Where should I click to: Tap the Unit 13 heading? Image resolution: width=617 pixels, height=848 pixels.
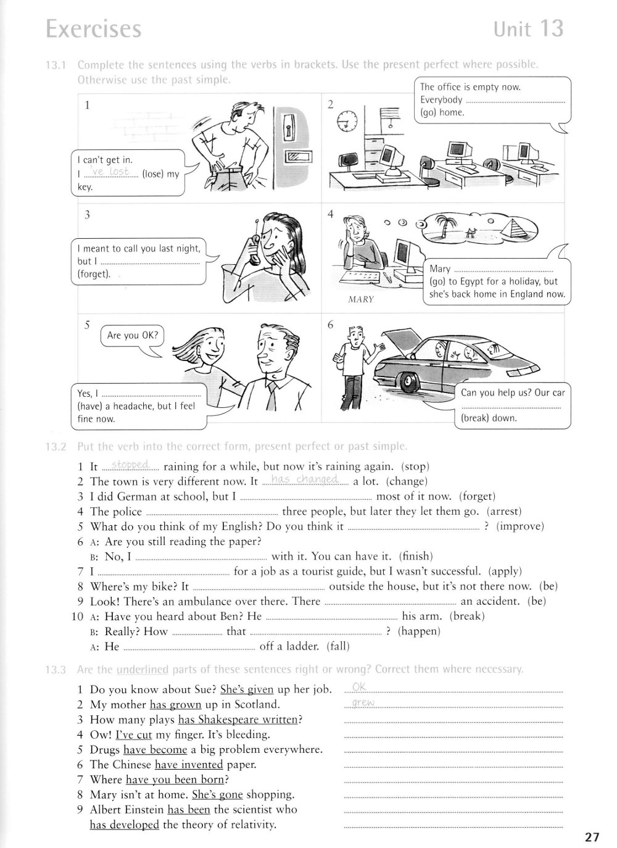(x=528, y=28)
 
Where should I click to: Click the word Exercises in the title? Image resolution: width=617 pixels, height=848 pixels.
(x=94, y=29)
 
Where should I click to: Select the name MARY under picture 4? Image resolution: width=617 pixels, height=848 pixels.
(x=361, y=300)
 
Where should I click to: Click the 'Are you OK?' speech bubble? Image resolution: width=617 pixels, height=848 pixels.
(x=133, y=336)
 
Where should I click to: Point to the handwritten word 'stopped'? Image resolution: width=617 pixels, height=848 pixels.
(x=130, y=465)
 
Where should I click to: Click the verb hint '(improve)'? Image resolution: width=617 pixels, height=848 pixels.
(x=521, y=526)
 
